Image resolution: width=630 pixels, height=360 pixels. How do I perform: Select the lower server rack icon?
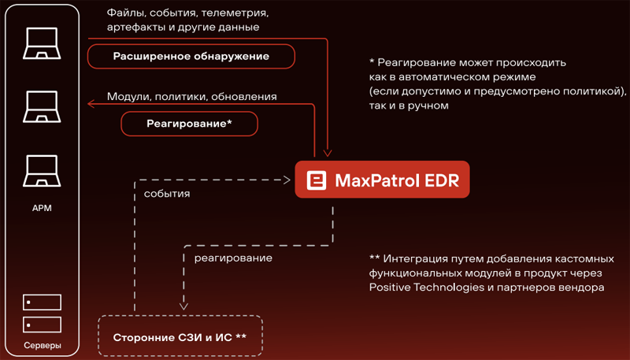pyautogui.click(x=41, y=324)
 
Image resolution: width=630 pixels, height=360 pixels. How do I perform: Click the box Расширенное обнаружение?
pyautogui.click(x=191, y=56)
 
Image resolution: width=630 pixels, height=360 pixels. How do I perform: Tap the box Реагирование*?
pyautogui.click(x=189, y=124)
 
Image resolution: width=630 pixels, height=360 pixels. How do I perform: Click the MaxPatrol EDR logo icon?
pyautogui.click(x=317, y=180)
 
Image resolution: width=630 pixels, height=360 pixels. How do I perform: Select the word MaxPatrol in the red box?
pyautogui.click(x=373, y=180)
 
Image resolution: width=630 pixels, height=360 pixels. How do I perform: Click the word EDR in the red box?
pyautogui.click(x=439, y=180)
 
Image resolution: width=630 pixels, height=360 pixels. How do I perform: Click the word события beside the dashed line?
pyautogui.click(x=166, y=193)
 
